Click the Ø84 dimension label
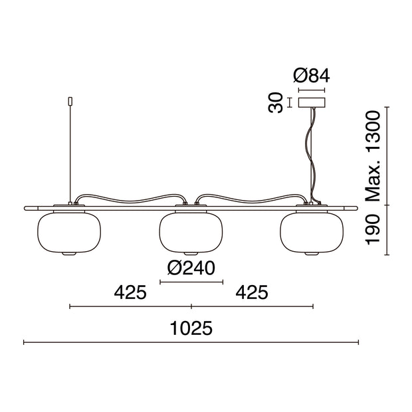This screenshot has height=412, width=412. (312, 76)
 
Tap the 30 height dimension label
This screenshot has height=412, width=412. (275, 102)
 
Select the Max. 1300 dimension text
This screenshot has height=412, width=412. (373, 156)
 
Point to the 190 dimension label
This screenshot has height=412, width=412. (373, 230)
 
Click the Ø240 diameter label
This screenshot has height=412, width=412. (191, 268)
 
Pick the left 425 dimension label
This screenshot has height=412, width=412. (130, 292)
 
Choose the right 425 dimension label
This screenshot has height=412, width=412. (252, 292)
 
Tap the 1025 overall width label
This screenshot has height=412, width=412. (191, 328)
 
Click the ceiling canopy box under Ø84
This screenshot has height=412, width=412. (312, 102)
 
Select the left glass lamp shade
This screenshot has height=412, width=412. (69, 233)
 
